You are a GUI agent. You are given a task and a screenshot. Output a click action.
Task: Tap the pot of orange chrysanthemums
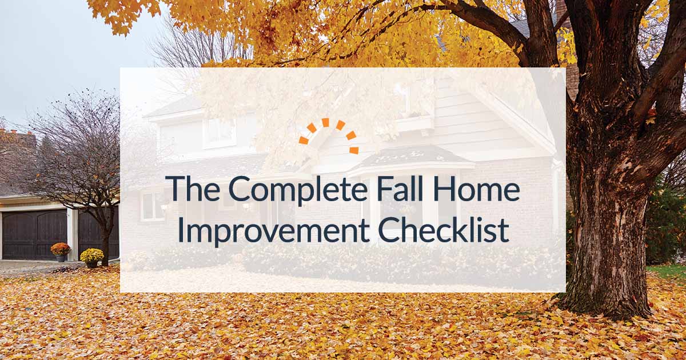pyautogui.click(x=61, y=250)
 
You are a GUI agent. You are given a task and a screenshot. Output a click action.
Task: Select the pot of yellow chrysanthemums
pyautogui.click(x=91, y=257)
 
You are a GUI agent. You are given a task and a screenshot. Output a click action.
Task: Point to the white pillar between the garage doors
pyautogui.click(x=71, y=232)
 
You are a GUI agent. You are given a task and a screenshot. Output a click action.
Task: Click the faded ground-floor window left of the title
pyautogui.click(x=152, y=206)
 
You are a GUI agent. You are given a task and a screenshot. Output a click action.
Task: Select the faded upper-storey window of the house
pyautogui.click(x=219, y=133)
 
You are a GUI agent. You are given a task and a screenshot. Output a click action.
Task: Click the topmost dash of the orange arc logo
pyautogui.click(x=325, y=122)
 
